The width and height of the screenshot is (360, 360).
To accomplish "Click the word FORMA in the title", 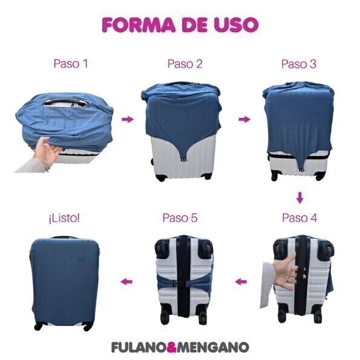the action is pos(139,24).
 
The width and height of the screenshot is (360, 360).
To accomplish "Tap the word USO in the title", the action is pos(237,24).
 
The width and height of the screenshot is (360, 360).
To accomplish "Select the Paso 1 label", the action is pos(71,64).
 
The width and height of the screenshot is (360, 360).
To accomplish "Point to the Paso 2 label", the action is pos(185,64).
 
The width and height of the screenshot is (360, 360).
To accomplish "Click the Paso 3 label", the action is pos(299,64).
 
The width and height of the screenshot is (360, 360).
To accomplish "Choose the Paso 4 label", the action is pos(299,218).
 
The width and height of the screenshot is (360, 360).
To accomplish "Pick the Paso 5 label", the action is pos(180,218).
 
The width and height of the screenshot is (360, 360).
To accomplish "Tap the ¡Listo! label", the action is pos(64,218).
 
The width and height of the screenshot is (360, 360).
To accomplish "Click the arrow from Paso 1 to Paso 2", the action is pos(128,119).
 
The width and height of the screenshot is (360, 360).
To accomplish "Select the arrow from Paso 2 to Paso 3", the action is pos(244,119).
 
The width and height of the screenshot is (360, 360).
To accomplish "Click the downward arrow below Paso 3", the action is pos(299,198).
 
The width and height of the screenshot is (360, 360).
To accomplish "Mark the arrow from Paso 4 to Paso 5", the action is pos(241,281).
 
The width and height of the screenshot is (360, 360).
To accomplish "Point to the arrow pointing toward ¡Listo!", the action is pos(126,281).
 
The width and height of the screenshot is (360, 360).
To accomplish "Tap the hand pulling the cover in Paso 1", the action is pos(48,151).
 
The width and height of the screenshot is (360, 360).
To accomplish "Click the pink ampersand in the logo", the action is pos(171,347).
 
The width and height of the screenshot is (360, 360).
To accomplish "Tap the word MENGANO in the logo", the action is pos(213,347).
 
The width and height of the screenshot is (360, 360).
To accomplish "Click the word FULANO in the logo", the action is pos(138,347).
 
